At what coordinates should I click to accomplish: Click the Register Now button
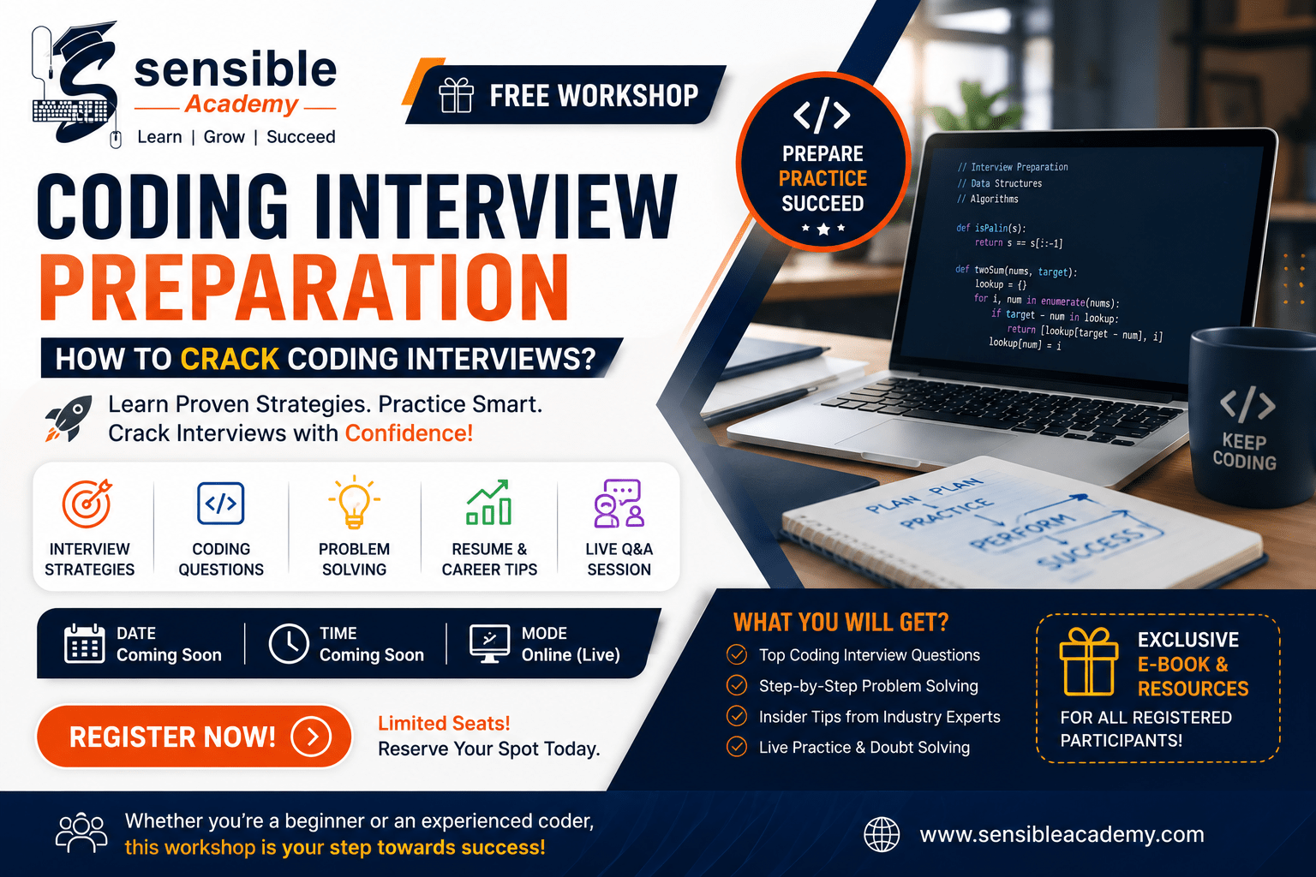tap(194, 736)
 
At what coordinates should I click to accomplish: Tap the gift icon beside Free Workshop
tap(456, 95)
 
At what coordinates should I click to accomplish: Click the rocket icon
tap(69, 418)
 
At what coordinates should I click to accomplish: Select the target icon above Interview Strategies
tap(87, 504)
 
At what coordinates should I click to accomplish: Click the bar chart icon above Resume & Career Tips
tap(488, 502)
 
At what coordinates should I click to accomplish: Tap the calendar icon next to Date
tap(85, 643)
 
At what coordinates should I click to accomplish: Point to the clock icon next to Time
tap(289, 644)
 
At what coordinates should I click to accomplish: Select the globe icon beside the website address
tap(882, 834)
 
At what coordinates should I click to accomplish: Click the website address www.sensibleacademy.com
tap(1062, 834)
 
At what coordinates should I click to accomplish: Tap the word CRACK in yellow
tap(230, 358)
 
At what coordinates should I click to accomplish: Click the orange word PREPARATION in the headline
tap(304, 287)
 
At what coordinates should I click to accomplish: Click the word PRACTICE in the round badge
tap(822, 178)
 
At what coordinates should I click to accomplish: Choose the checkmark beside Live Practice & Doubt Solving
tap(737, 747)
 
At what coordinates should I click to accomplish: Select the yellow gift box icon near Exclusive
tap(1089, 661)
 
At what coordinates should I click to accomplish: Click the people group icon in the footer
tap(81, 832)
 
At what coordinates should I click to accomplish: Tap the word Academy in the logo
tap(242, 104)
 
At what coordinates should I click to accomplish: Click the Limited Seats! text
tap(444, 723)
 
